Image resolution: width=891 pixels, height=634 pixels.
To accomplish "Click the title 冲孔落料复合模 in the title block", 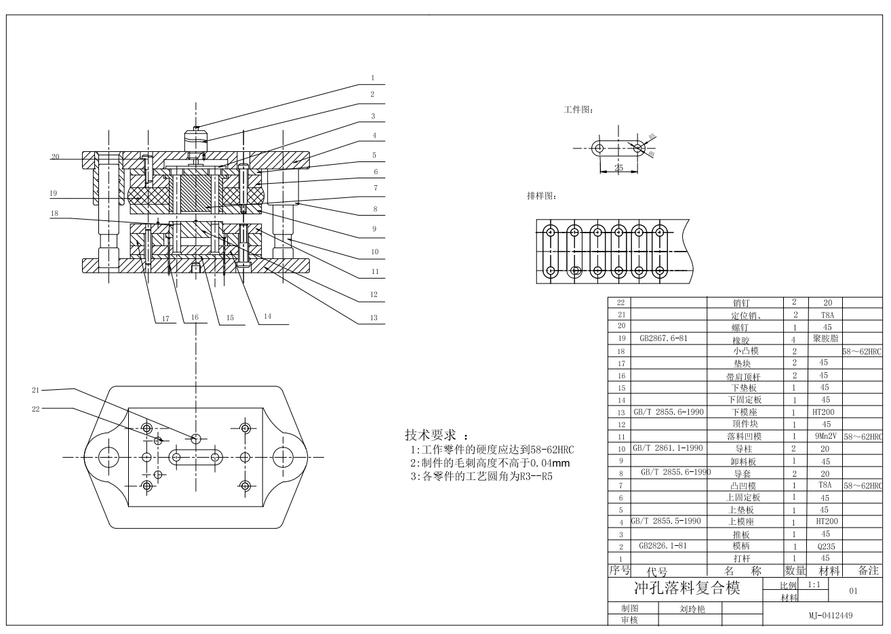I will tap(686, 587).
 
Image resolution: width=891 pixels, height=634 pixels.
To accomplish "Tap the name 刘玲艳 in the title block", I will tap(692, 609).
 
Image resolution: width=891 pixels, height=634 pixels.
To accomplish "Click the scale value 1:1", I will tap(814, 584).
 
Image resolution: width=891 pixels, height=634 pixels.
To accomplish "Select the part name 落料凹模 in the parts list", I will tap(743, 437).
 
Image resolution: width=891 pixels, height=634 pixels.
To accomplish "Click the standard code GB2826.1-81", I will tap(662, 545).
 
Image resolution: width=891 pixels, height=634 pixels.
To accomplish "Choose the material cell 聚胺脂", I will tap(825, 338).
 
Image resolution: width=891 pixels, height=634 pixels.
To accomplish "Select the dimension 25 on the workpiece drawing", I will tap(618, 167).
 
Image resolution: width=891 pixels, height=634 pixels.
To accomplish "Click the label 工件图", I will tap(578, 109).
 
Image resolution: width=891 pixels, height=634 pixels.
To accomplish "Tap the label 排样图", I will tap(541, 196).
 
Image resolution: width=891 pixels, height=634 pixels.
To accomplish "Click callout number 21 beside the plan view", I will tap(36, 389).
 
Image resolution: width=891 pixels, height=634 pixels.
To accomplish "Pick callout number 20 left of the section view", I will tap(55, 157).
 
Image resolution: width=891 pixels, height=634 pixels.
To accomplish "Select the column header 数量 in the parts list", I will tap(795, 571).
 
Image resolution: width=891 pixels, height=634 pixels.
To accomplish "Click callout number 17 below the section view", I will tap(164, 317).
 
